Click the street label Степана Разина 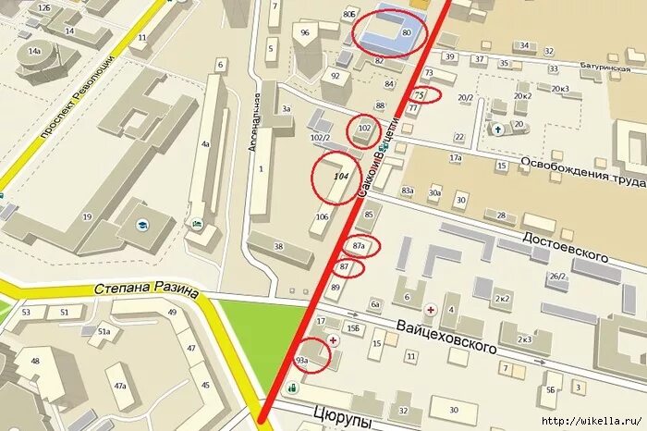146,289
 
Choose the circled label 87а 360,246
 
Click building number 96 305,32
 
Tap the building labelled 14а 35,51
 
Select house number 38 278,246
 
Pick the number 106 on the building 322,217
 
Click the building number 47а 120,385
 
